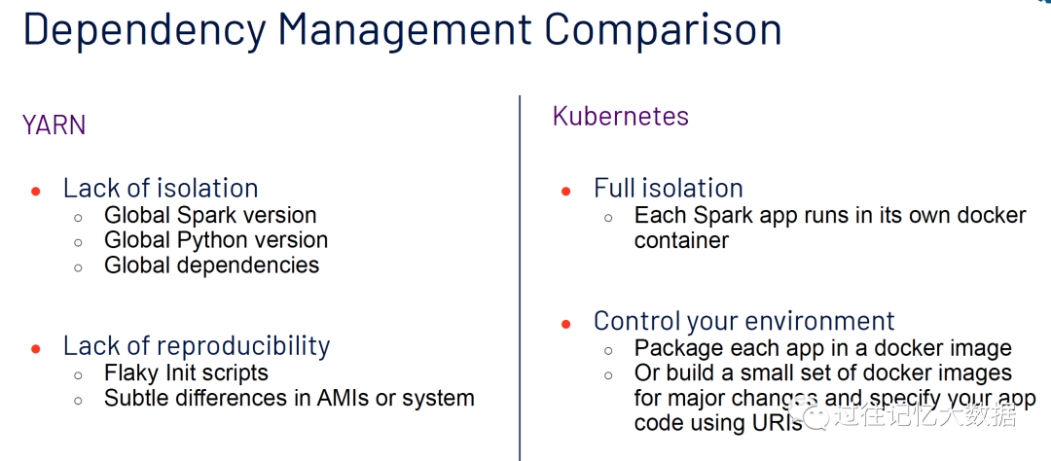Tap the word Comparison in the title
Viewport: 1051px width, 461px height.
pyautogui.click(x=663, y=29)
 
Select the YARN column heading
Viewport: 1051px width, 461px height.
pyautogui.click(x=54, y=125)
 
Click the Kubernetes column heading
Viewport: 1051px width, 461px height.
pyautogui.click(x=621, y=116)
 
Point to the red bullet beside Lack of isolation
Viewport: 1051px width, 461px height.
pyautogui.click(x=36, y=192)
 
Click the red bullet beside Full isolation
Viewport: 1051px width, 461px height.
pyautogui.click(x=565, y=192)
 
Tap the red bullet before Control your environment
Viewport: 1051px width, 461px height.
pyautogui.click(x=565, y=324)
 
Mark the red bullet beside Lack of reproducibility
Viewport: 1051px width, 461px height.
pyautogui.click(x=36, y=349)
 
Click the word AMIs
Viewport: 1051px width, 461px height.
pyautogui.click(x=343, y=398)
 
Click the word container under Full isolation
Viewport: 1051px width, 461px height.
pyautogui.click(x=681, y=240)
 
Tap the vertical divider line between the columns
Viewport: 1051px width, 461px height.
pyautogui.click(x=520, y=278)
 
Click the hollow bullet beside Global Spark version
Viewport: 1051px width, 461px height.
pyautogui.click(x=79, y=218)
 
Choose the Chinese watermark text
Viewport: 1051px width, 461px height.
pyautogui.click(x=924, y=415)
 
